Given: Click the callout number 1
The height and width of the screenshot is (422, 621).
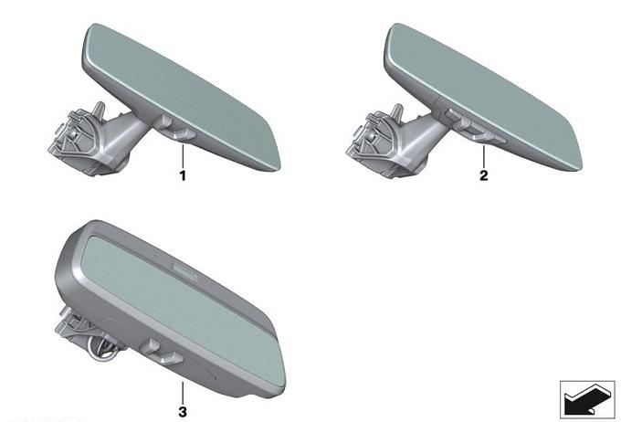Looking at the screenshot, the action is point(183,175).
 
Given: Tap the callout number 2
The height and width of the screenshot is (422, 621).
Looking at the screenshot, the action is point(484,175).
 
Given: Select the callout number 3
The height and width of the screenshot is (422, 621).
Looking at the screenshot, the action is point(183,412).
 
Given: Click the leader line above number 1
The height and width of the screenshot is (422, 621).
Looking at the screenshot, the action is point(183,156).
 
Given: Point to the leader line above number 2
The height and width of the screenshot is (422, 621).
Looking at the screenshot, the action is point(484,156).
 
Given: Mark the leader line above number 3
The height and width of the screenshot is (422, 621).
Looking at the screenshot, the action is point(183,393).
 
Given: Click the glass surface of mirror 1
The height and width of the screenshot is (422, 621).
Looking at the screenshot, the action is point(183,95).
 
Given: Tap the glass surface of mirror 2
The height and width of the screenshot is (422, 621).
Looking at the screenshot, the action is point(484,95).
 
